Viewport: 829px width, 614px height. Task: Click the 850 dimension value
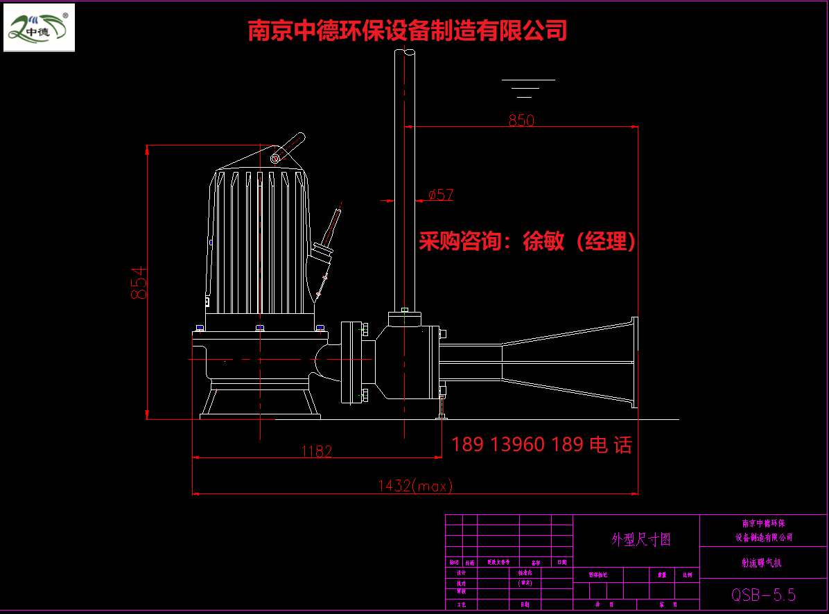(x=521, y=120)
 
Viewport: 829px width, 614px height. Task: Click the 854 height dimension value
(x=139, y=283)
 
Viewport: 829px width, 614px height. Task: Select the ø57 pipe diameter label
(x=440, y=195)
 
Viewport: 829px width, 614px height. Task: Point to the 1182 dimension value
(x=316, y=451)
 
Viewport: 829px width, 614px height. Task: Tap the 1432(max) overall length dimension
(x=414, y=486)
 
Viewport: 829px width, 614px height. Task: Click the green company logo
(x=39, y=28)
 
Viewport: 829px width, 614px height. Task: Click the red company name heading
(x=408, y=30)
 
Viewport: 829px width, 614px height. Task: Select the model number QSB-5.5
(x=763, y=595)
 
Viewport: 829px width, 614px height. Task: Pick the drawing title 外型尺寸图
(x=640, y=540)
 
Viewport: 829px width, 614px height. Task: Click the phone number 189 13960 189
(x=517, y=444)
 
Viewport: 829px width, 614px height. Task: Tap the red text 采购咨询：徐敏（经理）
(x=527, y=241)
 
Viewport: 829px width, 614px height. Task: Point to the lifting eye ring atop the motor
(x=275, y=158)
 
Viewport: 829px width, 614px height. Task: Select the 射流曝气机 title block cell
(x=763, y=563)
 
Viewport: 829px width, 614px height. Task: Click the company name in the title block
(x=763, y=530)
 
